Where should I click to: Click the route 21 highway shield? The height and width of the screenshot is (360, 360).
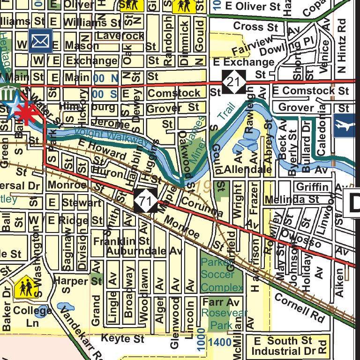point(234,82)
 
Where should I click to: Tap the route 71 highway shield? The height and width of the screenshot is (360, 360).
point(146,201)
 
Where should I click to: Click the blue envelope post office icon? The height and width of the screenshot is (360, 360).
point(40,41)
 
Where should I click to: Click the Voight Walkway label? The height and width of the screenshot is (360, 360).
point(112,136)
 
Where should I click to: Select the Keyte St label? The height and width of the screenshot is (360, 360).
point(123,338)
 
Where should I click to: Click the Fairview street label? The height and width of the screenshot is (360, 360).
point(245,45)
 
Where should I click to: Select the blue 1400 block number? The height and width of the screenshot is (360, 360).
point(219,343)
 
